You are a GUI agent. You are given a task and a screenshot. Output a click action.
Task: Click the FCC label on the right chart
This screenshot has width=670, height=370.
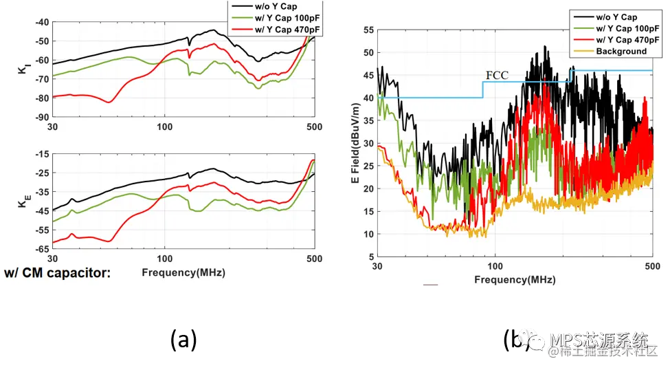497,75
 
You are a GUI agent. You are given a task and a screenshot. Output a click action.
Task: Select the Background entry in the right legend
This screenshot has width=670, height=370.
621,51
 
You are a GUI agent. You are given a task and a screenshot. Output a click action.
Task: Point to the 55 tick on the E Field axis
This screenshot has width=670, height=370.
368,30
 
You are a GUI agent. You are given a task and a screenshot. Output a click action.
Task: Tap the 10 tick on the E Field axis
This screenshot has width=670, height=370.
368,235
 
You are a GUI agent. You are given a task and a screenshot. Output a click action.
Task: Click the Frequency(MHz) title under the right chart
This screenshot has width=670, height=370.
514,279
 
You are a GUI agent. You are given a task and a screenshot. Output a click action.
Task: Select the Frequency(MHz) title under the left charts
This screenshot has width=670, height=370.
183,272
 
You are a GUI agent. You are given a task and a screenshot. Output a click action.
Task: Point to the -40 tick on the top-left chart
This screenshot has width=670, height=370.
41,22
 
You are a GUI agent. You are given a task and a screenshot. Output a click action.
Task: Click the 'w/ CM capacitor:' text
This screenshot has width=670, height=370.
57,273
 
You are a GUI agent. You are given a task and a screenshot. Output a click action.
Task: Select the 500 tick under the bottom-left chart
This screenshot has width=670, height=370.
314,259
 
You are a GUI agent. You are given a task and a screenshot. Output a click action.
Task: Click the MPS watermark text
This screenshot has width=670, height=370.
598,340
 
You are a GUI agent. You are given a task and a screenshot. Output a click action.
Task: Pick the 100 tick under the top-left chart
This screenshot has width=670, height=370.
164,127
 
